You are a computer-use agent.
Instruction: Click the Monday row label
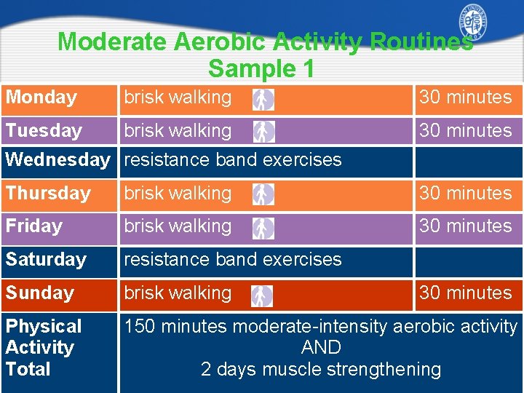(x=41, y=98)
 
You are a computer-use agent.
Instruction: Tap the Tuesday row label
(x=44, y=131)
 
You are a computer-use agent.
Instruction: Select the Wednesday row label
(x=57, y=160)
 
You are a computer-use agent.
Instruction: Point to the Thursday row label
(x=48, y=194)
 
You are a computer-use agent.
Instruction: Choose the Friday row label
(x=34, y=226)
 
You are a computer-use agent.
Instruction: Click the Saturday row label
(x=46, y=260)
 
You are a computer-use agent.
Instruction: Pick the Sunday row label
(x=40, y=293)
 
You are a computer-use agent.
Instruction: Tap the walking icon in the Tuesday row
(x=263, y=132)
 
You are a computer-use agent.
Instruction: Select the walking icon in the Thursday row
(x=263, y=194)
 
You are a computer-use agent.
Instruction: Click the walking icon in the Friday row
(x=263, y=228)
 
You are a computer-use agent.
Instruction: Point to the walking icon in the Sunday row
(x=262, y=295)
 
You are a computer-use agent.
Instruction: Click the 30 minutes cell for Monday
(x=466, y=98)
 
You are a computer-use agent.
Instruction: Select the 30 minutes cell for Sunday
(x=466, y=293)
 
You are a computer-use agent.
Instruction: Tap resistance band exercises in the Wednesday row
(x=232, y=160)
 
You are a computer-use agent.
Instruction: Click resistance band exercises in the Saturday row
(x=232, y=260)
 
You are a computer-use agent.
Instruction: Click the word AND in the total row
(x=321, y=348)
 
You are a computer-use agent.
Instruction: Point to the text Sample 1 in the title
(x=261, y=69)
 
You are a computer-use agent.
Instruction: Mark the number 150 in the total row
(x=140, y=327)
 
